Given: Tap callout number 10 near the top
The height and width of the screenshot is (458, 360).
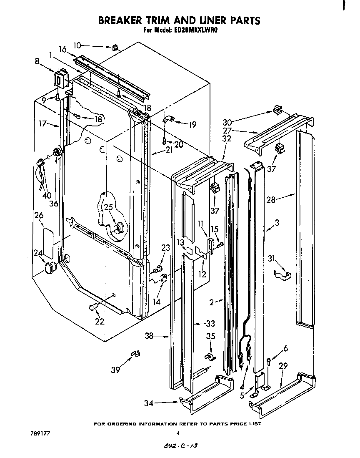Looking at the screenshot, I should click(x=78, y=45).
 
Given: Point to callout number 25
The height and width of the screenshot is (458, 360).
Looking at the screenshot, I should click(x=108, y=207).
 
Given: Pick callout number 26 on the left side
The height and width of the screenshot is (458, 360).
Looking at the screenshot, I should click(x=39, y=216).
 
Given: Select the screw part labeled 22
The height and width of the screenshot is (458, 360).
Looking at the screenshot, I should click(x=93, y=308).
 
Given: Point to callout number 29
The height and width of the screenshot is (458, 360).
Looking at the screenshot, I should click(x=283, y=366).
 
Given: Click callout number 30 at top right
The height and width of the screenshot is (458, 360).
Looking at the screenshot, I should click(x=227, y=122).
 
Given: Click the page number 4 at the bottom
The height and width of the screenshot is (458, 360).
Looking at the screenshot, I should click(x=178, y=433).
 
